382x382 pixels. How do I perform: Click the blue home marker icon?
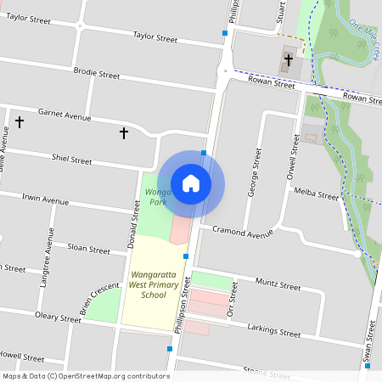(x=191, y=183)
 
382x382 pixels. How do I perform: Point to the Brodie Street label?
(x=97, y=74)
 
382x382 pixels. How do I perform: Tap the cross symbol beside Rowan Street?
(x=289, y=60)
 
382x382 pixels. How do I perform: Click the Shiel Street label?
(x=71, y=160)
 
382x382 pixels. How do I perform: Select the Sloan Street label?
(x=89, y=250)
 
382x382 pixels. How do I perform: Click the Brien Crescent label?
(x=99, y=299)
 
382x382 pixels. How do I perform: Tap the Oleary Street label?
(x=58, y=317)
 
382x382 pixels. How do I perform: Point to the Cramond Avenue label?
(x=243, y=231)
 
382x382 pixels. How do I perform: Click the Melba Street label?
(x=316, y=194)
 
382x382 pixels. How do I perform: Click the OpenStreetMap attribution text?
(x=86, y=376)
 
